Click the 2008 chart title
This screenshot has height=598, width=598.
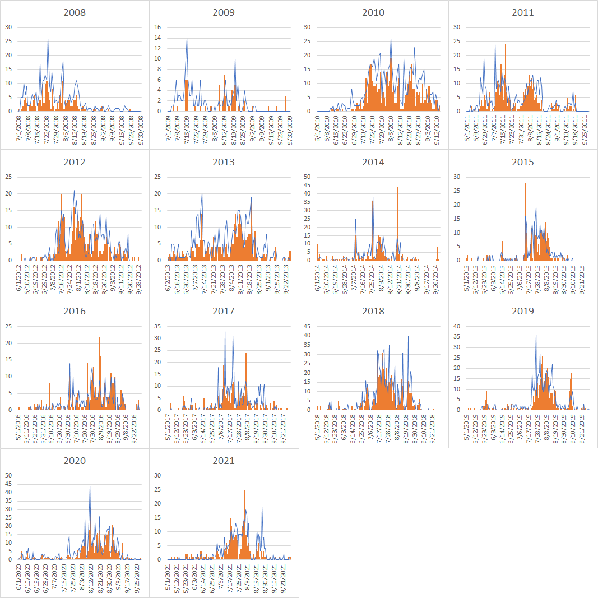click(x=75, y=12)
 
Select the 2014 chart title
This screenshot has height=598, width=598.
click(x=373, y=162)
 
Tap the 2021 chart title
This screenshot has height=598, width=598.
click(x=224, y=461)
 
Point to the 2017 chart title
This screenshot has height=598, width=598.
click(x=224, y=311)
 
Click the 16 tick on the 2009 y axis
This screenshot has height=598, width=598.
click(x=157, y=27)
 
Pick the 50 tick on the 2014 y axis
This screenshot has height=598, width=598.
click(x=307, y=177)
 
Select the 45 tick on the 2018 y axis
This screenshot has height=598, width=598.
click(x=307, y=326)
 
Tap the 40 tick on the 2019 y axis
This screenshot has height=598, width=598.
click(x=456, y=326)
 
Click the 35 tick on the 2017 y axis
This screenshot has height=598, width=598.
click(x=157, y=326)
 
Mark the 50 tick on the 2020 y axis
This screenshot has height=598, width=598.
click(x=8, y=476)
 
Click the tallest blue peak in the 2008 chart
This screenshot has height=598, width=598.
click(x=48, y=39)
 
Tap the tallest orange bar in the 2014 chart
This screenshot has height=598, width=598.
click(x=397, y=188)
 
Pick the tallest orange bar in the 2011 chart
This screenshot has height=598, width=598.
click(x=506, y=45)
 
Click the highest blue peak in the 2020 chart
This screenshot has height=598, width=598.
click(x=90, y=486)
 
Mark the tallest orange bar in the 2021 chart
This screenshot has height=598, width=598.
click(x=244, y=490)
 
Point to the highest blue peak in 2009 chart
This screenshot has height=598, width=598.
click(x=187, y=39)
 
